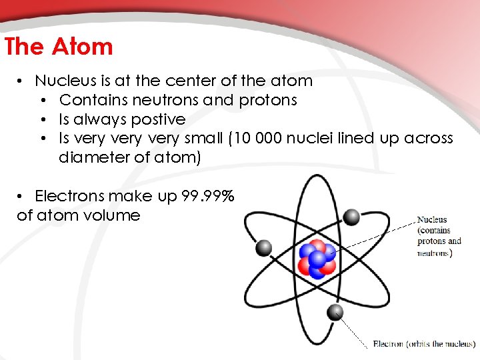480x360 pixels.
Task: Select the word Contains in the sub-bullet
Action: point(88,100)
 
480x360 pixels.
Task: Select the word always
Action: point(103,119)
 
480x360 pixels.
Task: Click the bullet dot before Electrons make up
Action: point(21,196)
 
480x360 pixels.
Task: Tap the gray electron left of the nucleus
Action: point(264,248)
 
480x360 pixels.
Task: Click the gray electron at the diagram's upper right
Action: point(352,216)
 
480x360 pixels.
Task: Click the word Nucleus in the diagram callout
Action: point(432,219)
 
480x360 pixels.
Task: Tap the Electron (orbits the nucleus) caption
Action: point(424,344)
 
